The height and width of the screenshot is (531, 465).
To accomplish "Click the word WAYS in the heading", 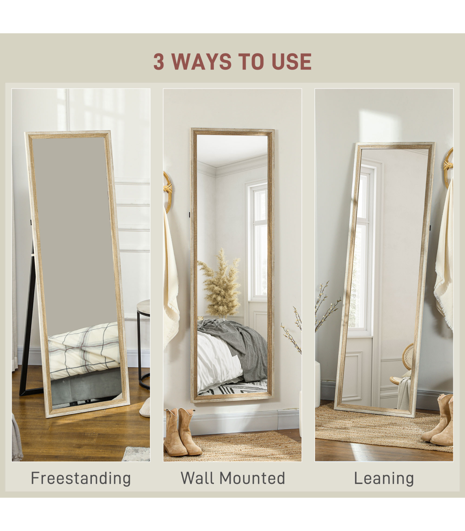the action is [201, 62].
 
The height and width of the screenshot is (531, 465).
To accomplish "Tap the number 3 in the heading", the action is [159, 62].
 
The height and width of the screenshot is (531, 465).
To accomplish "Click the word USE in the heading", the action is [292, 62].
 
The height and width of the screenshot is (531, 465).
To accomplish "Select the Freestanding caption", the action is [81, 478].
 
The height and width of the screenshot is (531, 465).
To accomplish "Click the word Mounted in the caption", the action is [252, 478].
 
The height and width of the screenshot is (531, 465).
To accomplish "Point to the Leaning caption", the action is [384, 478].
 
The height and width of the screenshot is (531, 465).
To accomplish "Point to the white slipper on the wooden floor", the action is [145, 408].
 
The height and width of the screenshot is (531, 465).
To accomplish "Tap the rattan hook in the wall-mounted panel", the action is [167, 192].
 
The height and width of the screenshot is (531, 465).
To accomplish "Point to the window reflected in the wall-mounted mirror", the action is [257, 242].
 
